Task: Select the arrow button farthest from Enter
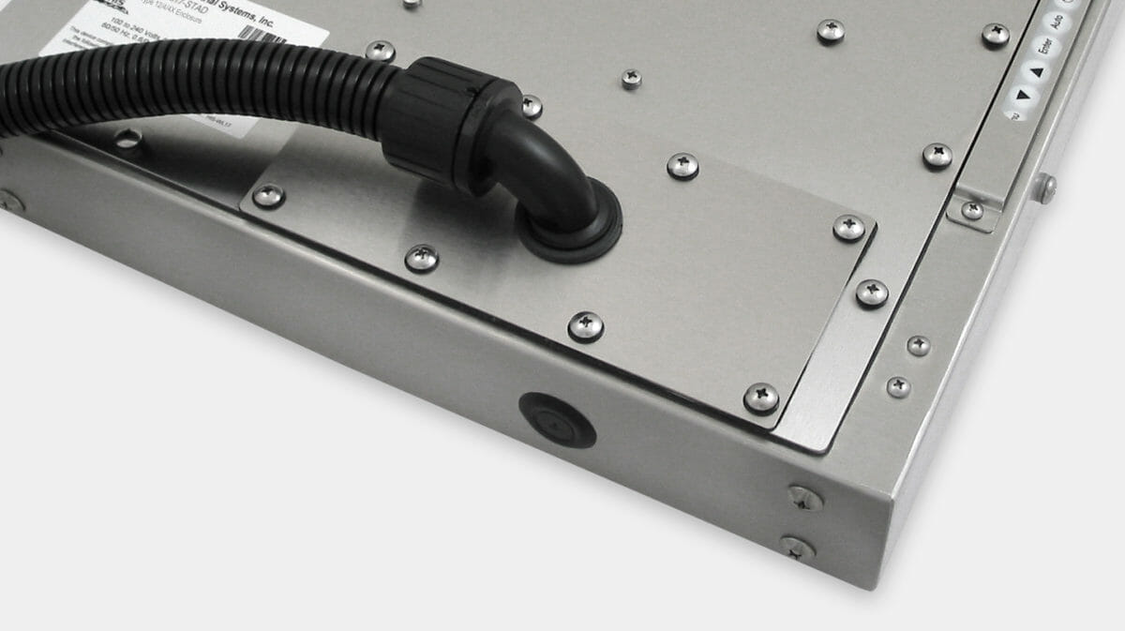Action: click(1019, 94)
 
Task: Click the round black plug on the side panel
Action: click(557, 419)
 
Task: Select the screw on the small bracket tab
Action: click(973, 210)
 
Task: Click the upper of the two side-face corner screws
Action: click(804, 498)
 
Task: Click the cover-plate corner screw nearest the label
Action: click(268, 195)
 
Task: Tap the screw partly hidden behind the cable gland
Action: click(531, 106)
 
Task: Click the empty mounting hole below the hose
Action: click(127, 140)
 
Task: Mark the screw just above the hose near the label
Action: click(380, 51)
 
